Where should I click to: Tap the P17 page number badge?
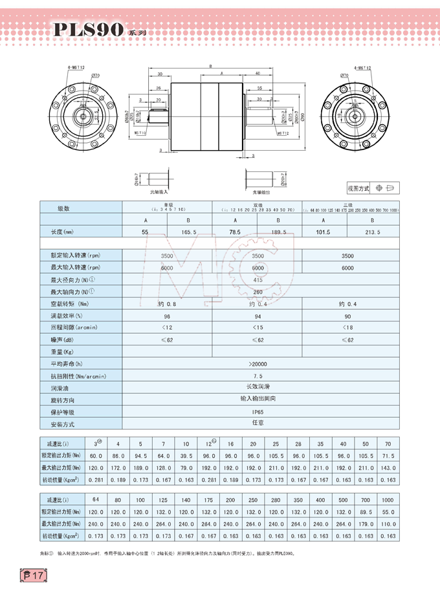pos(33,574)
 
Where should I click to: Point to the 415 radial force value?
pos(258,279)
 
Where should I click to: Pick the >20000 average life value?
pos(258,364)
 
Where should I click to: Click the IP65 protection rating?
pos(258,411)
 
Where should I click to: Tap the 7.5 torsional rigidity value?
pos(258,376)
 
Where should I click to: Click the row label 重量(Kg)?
pos(62,352)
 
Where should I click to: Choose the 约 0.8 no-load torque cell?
pos(167,304)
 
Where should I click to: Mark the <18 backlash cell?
pos(347,328)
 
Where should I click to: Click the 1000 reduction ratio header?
pos(387,500)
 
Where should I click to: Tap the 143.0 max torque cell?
pos(388,467)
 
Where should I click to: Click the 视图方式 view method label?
pos(358,188)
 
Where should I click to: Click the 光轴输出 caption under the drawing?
pos(262,193)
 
